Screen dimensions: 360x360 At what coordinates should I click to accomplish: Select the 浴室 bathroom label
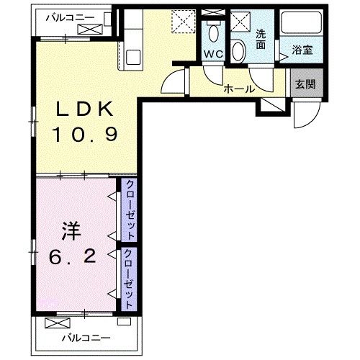[302, 52]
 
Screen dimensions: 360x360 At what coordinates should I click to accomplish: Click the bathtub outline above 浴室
[302, 27]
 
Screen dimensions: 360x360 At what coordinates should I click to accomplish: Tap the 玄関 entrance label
[304, 84]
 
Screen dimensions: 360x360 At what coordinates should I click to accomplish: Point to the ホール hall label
[238, 89]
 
